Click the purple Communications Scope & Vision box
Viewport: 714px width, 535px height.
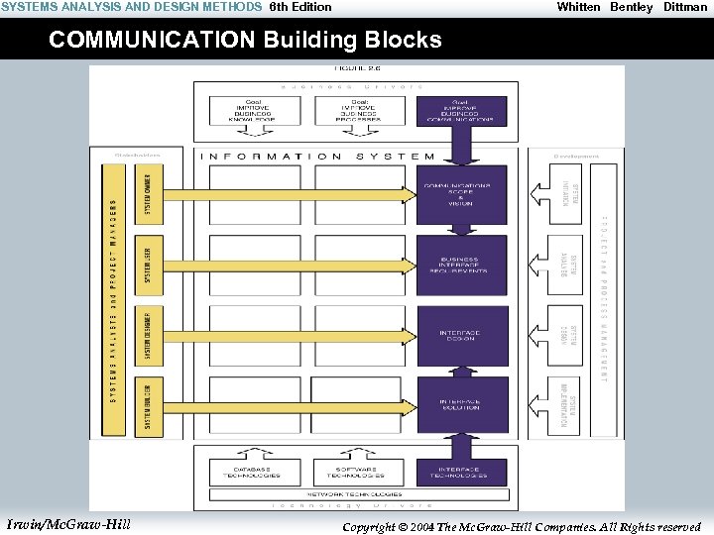pyautogui.click(x=461, y=194)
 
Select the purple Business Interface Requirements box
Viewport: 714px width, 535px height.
pyautogui.click(x=461, y=265)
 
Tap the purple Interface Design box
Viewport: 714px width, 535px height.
pyautogui.click(x=461, y=335)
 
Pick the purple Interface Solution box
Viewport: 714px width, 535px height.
pyautogui.click(x=461, y=404)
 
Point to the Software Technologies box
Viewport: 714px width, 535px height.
pyautogui.click(x=358, y=472)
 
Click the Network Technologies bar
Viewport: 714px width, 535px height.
pyautogui.click(x=355, y=492)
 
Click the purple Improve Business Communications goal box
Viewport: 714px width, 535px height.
pyautogui.click(x=461, y=110)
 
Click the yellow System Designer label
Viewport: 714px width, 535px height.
pyautogui.click(x=147, y=335)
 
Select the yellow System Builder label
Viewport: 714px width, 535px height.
pyautogui.click(x=147, y=405)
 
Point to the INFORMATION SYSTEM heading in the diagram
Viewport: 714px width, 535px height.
pyautogui.click(x=317, y=156)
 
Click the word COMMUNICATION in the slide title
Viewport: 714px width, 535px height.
pyautogui.click(x=153, y=41)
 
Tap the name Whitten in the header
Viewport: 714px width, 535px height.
pyautogui.click(x=578, y=7)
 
